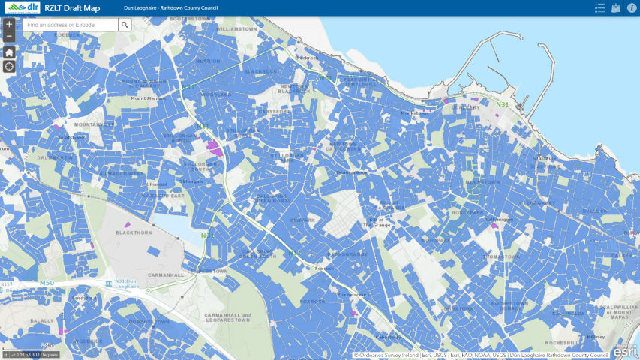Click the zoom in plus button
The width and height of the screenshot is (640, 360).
[9, 24]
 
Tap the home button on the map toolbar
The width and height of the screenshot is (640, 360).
[9, 52]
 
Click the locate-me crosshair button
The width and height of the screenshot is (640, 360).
[9, 66]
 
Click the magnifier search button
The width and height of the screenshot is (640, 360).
[125, 25]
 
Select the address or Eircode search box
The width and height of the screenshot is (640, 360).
[70, 25]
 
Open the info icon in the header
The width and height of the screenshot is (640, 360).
[632, 7]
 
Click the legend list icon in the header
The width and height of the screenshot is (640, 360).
[599, 7]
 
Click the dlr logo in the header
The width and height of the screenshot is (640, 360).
[22, 7]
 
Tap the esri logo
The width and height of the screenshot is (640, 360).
[625, 349]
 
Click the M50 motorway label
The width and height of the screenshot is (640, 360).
[47, 283]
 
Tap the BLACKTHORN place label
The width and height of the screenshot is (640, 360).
[133, 232]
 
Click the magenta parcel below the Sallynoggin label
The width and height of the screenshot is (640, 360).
[494, 226]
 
